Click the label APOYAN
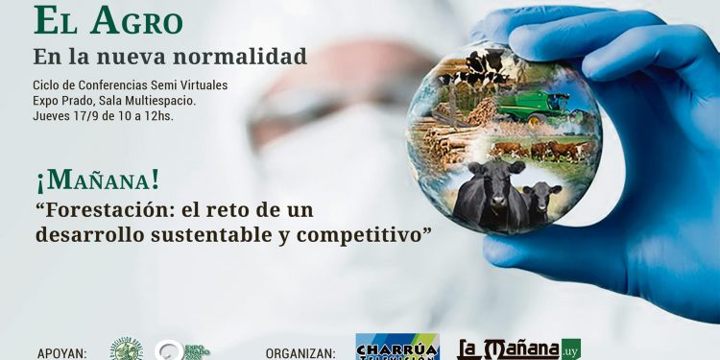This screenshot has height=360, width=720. [x=61, y=352]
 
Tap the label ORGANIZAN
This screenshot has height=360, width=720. [x=300, y=352]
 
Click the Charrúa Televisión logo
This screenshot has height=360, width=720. [x=397, y=347]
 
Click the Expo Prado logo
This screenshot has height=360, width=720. [x=181, y=350]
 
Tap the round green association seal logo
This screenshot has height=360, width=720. [x=126, y=349]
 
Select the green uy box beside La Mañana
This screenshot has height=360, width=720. [x=571, y=347]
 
